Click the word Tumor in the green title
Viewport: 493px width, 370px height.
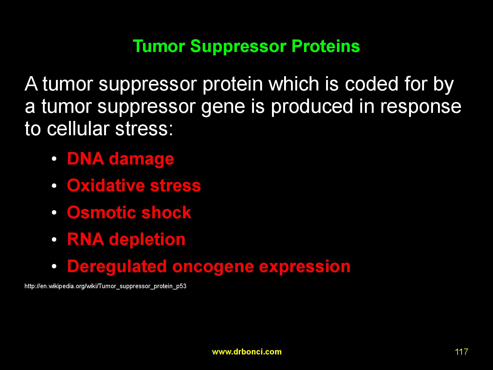[x=159, y=46]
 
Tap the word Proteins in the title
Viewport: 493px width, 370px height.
[x=326, y=46]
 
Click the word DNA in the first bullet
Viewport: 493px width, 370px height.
[x=85, y=159]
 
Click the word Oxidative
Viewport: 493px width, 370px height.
[x=106, y=186]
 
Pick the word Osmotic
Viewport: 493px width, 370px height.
[x=102, y=212]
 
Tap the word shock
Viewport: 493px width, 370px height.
[x=166, y=212]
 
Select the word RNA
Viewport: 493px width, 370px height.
[x=85, y=239]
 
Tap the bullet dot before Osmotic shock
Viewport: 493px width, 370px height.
[x=54, y=213]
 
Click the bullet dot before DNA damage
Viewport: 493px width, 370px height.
[x=54, y=159]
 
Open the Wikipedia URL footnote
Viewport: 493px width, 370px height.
[x=105, y=286]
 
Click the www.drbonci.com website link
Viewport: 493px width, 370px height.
[x=247, y=352]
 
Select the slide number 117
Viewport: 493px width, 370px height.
[x=462, y=352]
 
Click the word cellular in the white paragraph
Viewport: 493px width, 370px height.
[x=78, y=129]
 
